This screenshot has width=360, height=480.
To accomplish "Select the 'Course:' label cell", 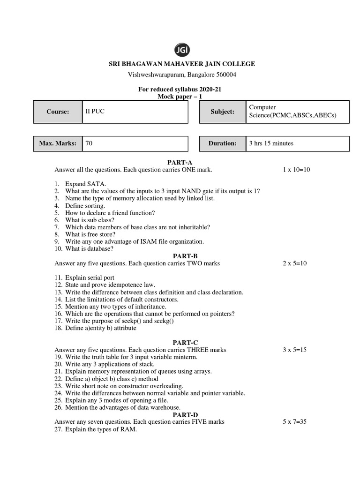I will (x=58, y=112).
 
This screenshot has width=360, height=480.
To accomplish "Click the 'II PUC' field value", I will (x=93, y=112).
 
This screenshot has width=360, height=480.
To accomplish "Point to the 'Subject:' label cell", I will (x=223, y=112).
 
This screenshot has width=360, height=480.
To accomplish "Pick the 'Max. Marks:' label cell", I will (x=58, y=143).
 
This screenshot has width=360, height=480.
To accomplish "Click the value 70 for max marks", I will (x=89, y=143).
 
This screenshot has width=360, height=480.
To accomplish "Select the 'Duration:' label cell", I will (x=223, y=143).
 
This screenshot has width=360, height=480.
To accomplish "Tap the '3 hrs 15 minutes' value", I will (x=271, y=143).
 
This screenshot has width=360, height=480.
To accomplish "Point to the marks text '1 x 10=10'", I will (x=296, y=170).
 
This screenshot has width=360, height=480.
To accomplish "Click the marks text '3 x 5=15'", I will (x=294, y=350).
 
